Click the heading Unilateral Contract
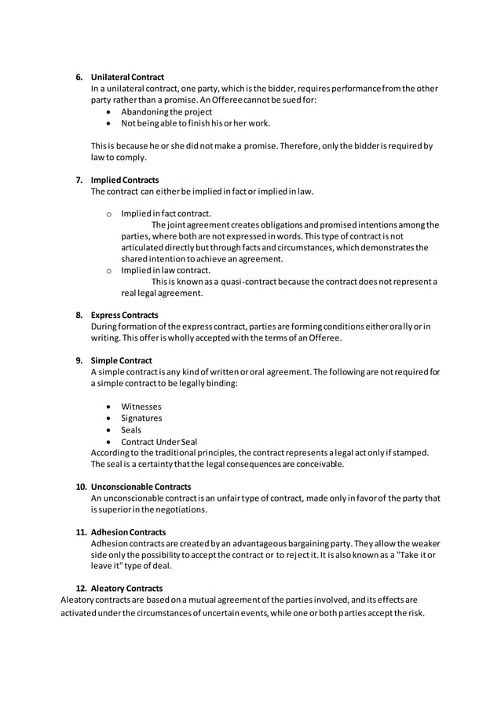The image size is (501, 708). point(127,77)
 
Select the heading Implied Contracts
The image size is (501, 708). point(125,180)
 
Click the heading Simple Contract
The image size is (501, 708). point(122,360)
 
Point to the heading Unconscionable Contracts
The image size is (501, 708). point(141,487)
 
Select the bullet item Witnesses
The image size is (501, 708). point(141,407)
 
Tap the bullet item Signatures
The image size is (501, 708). point(141,418)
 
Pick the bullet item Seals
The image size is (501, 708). point(131,430)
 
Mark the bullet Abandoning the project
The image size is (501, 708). point(166,111)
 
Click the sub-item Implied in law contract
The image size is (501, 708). point(166,270)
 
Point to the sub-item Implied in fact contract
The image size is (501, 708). point(166,213)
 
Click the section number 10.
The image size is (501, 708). point(81,487)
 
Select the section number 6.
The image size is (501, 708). point(79,77)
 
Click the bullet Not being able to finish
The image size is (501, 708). point(196,122)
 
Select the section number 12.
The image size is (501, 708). point(81,588)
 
